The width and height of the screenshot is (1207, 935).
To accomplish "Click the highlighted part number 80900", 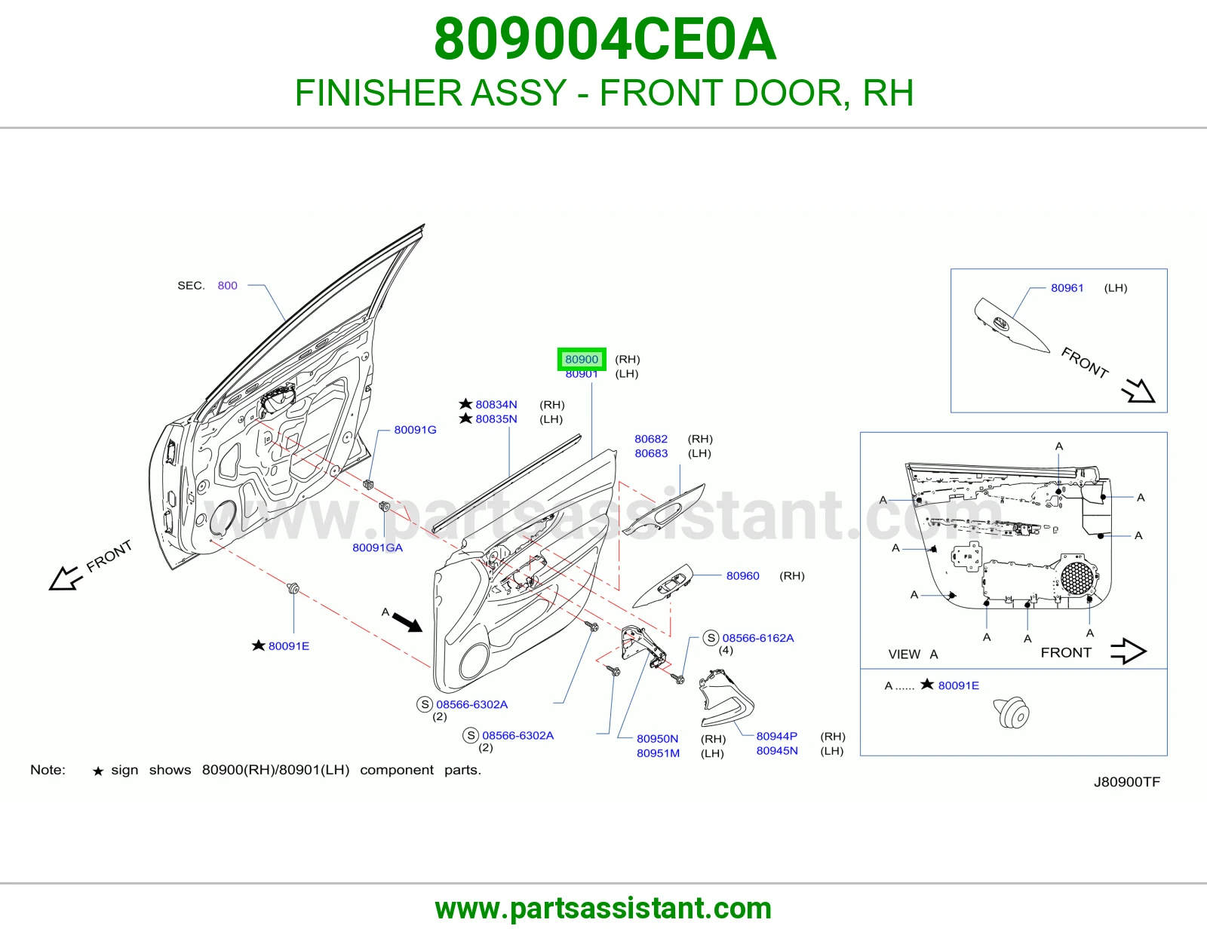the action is [x=582, y=359].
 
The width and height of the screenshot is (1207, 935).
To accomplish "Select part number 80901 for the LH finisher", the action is [x=582, y=375].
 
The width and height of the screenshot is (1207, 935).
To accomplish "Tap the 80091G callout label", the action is [x=415, y=430].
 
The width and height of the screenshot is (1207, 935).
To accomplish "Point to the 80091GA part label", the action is [x=378, y=547].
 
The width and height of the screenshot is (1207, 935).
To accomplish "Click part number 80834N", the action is [x=496, y=405].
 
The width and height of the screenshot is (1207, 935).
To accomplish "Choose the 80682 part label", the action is [x=651, y=439].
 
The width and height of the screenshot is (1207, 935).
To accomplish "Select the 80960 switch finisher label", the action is [x=742, y=576].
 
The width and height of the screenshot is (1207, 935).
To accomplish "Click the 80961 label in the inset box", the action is [x=1067, y=287].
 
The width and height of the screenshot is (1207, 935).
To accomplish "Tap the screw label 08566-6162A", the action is [x=757, y=638].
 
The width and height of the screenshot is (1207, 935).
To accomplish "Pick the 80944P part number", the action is [x=776, y=736].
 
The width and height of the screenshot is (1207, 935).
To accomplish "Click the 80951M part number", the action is [x=659, y=753].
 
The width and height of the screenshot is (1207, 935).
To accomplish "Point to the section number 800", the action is [x=227, y=285].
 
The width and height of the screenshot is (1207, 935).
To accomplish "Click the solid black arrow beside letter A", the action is [x=407, y=622].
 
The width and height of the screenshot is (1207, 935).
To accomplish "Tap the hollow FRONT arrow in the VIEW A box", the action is [x=1128, y=651].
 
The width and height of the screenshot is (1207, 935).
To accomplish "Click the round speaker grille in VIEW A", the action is [x=1077, y=578].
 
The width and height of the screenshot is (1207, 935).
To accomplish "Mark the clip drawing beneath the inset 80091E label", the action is [x=1011, y=713].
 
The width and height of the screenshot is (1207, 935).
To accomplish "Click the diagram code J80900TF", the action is [x=1127, y=783].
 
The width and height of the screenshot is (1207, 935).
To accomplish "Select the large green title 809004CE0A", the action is [x=604, y=39].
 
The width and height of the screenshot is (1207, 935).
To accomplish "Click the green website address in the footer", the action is [x=603, y=909].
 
